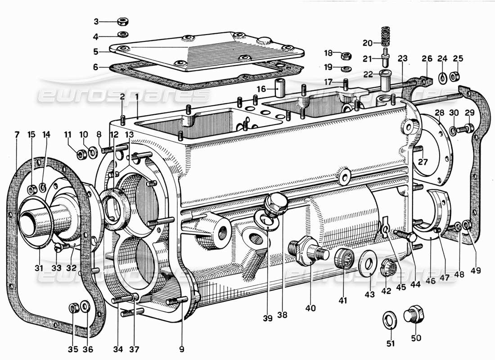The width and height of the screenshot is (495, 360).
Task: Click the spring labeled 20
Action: pyautogui.click(x=384, y=36)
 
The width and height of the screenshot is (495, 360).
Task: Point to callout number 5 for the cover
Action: pyautogui.click(x=96, y=51)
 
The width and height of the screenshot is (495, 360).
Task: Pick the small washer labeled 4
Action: pyautogui.click(x=121, y=36)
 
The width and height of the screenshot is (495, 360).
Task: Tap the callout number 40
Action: pyautogui.click(x=310, y=308)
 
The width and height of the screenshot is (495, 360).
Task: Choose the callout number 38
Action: pyautogui.click(x=282, y=315)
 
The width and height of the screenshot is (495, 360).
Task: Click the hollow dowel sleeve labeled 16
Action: pyautogui.click(x=280, y=89)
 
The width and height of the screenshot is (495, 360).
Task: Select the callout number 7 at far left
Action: pyautogui.click(x=17, y=135)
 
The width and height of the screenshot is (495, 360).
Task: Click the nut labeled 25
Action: pyautogui.click(x=455, y=76)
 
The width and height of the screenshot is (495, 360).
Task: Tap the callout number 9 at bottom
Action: pyautogui.click(x=182, y=348)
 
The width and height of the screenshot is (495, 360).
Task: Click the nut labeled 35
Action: pyautogui.click(x=73, y=308)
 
